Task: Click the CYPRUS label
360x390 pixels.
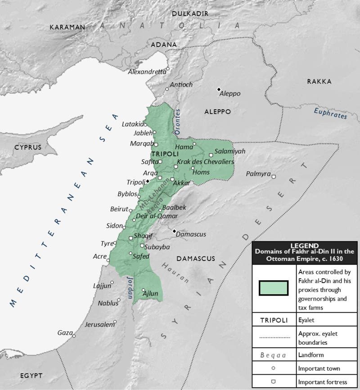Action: tap(27, 148)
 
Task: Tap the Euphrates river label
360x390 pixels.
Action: tap(331, 112)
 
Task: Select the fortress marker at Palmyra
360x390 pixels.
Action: tap(273, 176)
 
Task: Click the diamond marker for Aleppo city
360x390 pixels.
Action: tap(219, 89)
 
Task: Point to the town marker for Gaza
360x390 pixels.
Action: tap(74, 335)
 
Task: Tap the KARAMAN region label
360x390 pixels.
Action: tap(67, 27)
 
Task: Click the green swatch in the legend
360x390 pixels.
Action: tap(274, 288)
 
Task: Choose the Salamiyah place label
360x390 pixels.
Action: tap(230, 152)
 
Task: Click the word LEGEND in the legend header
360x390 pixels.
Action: tap(305, 246)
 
